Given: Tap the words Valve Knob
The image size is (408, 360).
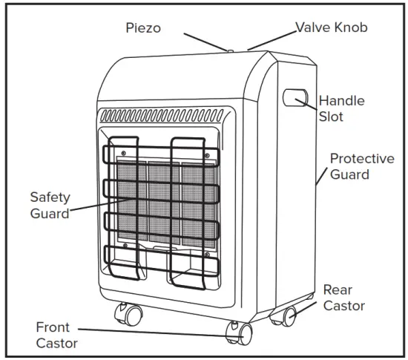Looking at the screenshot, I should click(x=332, y=27).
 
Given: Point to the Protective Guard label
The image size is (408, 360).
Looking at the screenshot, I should click(x=362, y=166).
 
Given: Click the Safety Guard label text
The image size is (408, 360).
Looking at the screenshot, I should click(x=50, y=205).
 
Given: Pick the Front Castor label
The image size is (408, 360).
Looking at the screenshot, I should click(x=56, y=335).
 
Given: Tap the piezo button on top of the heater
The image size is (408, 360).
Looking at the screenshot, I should click(x=231, y=51).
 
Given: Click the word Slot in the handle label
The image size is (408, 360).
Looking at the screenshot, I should click(x=331, y=117).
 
